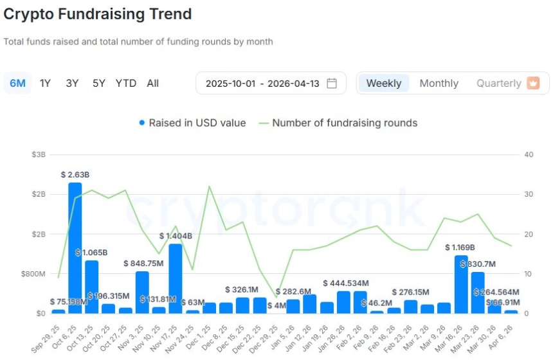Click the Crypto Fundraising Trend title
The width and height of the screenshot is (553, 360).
98,14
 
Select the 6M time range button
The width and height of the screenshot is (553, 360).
17,83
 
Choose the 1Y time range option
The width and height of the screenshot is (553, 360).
45,83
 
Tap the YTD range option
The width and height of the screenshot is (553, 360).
126,83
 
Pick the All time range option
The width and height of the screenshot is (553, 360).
152,83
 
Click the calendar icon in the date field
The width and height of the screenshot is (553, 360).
332,83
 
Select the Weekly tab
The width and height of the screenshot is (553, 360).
384,83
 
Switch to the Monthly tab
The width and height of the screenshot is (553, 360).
439,83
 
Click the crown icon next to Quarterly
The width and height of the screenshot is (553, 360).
533,83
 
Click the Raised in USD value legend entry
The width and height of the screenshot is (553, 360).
192,123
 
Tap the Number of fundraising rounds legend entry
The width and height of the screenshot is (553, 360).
338,123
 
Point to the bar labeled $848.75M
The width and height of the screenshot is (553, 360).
142,292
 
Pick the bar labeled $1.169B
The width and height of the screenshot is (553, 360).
461,284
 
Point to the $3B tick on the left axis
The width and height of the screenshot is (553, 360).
38,155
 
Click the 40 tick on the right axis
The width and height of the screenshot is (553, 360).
529,155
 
